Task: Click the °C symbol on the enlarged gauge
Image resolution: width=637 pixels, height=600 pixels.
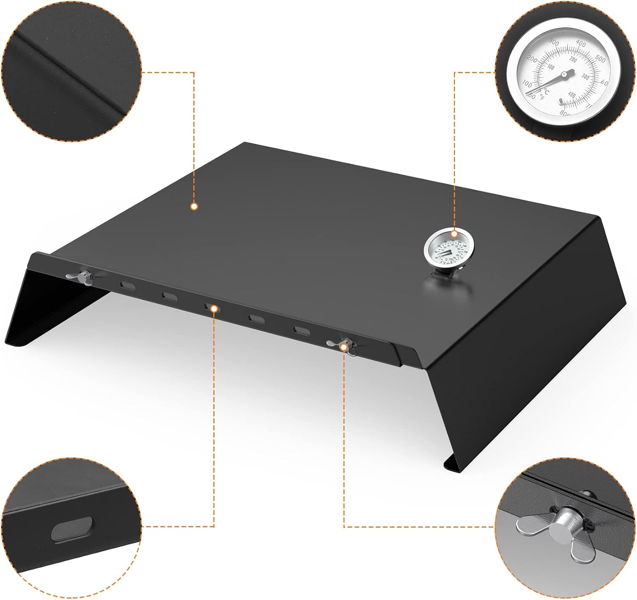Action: coord(546,91)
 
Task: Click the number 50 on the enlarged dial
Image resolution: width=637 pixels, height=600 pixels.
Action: coord(531,96)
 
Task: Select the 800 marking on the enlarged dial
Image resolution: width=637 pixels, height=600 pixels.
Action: coord(565,113)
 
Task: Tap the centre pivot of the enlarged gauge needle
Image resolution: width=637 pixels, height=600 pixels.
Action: coord(564,75)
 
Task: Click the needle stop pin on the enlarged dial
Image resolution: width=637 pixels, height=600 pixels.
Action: coord(561,101)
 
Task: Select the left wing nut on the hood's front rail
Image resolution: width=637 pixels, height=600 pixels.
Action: coord(83,277)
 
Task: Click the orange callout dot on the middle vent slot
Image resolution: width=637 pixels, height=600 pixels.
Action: coord(214,308)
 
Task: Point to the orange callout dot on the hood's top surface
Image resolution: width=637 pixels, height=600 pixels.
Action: coord(194,207)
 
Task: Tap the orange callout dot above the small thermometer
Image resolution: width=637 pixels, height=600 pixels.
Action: coord(454,233)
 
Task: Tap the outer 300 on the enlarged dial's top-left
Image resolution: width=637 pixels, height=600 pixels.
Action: coord(553,42)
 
